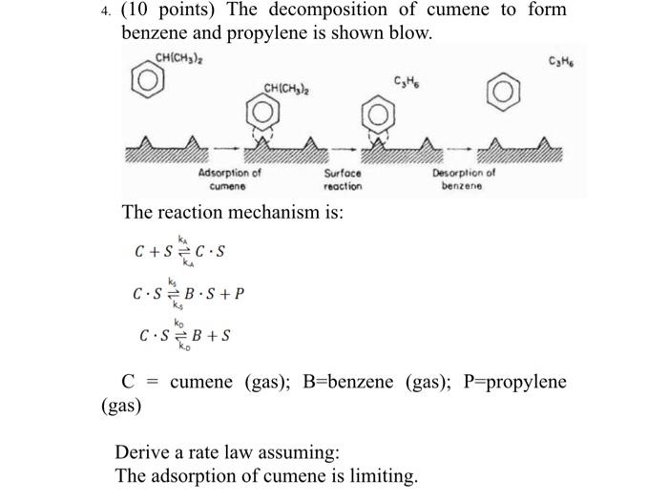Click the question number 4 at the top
(x=105, y=11)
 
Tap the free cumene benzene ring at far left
(x=147, y=80)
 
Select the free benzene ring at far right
(x=503, y=92)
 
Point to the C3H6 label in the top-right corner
(x=561, y=62)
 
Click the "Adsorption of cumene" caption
(x=229, y=179)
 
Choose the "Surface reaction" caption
(x=343, y=179)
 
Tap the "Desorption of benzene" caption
(x=464, y=179)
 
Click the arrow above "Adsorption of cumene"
(x=226, y=149)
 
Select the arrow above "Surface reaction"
(x=344, y=149)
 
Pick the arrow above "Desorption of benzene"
(x=459, y=149)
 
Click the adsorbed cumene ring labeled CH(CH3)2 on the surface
(x=262, y=112)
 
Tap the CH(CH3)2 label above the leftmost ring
(x=179, y=58)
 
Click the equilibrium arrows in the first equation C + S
(x=183, y=252)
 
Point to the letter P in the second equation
(x=239, y=293)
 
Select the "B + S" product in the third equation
(x=211, y=335)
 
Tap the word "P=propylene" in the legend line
(x=515, y=382)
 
